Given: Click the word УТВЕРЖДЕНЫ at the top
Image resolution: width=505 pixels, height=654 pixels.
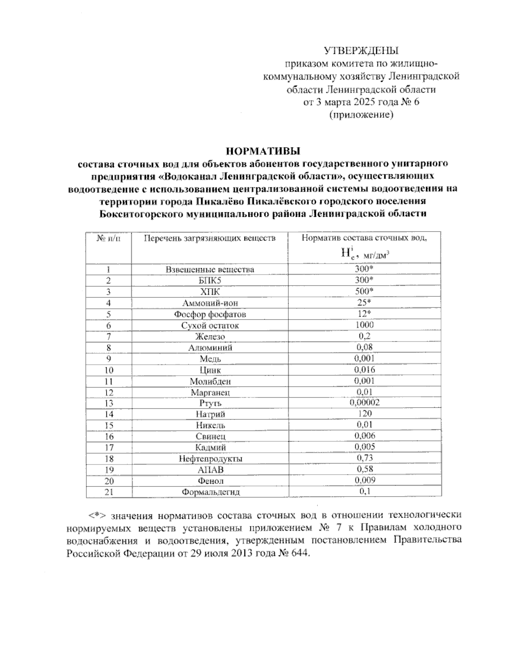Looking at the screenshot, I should click(361, 51).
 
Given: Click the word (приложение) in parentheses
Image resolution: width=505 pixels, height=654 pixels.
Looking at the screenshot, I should click(361, 115).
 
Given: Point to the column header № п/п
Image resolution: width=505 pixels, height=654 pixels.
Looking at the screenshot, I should click(108, 238).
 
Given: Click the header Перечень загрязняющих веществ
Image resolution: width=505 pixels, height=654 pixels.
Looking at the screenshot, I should click(210, 238).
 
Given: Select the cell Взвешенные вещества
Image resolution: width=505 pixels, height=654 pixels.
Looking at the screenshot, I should click(210, 270).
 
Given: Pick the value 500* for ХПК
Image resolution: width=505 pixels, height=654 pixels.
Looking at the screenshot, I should click(364, 291).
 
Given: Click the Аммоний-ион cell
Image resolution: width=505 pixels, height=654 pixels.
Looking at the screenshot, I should click(210, 303).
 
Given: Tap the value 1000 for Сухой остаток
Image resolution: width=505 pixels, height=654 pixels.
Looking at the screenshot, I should click(364, 325).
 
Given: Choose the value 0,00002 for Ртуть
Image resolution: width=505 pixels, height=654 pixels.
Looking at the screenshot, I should click(364, 403).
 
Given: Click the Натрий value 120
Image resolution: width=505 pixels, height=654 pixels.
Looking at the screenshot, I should click(364, 414).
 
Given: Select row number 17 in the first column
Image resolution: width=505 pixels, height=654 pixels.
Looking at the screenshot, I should click(109, 447).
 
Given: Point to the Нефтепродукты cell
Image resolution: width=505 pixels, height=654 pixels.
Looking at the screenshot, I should click(210, 459).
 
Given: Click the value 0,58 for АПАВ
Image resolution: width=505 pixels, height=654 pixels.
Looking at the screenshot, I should click(364, 469).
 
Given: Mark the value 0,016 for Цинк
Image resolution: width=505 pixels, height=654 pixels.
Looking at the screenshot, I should click(364, 369).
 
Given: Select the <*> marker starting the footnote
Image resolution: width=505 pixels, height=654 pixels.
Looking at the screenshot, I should click(96, 515).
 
